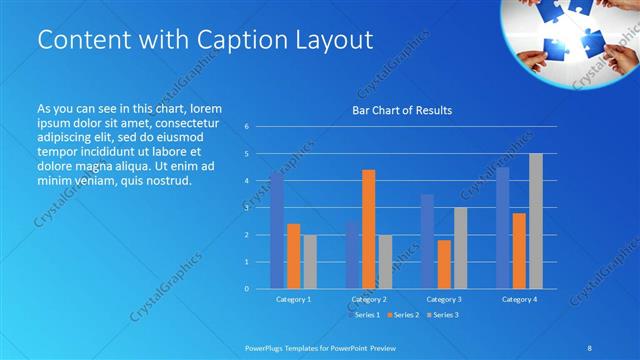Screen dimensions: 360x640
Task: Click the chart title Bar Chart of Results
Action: pos(402,110)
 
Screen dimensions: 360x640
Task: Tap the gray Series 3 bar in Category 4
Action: pos(536,221)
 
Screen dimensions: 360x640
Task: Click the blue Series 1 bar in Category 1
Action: pos(277,230)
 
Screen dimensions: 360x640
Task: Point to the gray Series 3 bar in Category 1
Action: pos(310,261)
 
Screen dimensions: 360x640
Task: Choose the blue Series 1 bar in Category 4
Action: pos(503,227)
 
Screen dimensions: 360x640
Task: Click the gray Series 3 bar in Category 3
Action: pos(460,248)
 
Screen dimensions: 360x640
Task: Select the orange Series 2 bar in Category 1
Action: pos(293,256)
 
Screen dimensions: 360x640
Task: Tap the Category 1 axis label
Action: pos(293,299)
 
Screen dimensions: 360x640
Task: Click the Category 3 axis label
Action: pos(444,299)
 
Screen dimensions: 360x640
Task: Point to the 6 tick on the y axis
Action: pos(246,127)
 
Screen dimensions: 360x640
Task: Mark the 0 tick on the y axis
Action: pos(246,289)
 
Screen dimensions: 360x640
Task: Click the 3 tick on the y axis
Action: pos(246,208)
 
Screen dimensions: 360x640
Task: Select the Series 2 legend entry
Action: pos(404,315)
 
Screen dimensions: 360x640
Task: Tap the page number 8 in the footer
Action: pos(590,347)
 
